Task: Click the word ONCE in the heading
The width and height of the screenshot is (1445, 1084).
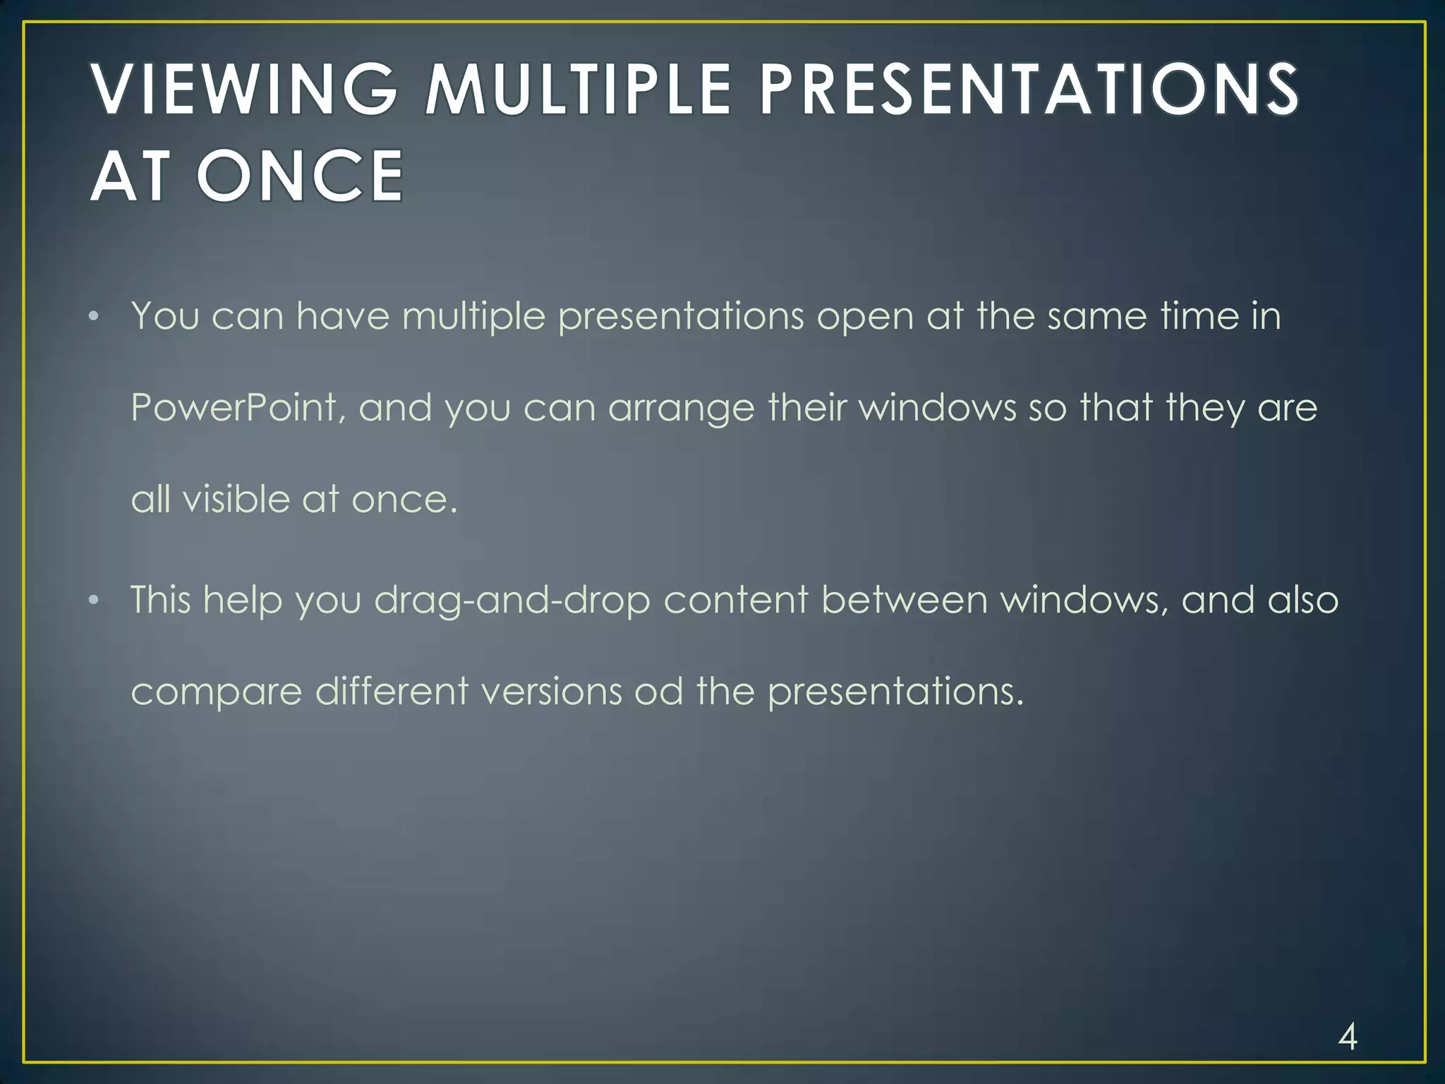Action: [x=300, y=176]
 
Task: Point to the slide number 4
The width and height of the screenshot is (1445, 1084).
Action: [x=1347, y=1037]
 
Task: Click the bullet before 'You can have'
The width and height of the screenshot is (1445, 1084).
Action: [x=94, y=317]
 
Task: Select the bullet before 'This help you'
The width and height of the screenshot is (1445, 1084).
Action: [x=94, y=601]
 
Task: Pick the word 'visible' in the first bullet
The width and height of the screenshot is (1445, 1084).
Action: [x=236, y=500]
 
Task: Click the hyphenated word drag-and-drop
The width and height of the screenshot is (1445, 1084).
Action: [x=512, y=601]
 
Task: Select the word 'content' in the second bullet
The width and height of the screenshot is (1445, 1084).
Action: [x=735, y=600]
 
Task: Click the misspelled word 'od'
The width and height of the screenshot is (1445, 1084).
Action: [x=658, y=691]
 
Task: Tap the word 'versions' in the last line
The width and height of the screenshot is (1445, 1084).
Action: [x=552, y=691]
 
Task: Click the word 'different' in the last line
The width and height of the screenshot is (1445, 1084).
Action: [x=391, y=691]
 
